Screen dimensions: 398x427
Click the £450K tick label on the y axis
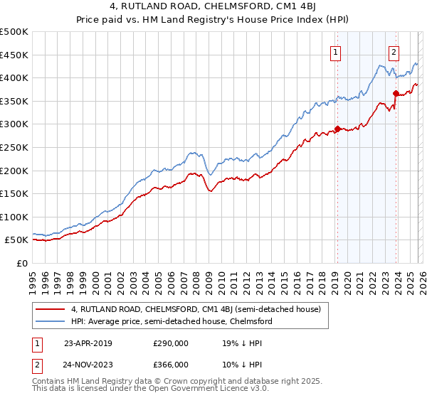[15, 55]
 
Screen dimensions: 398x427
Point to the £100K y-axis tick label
[15, 217]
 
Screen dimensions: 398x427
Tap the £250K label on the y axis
[15, 147]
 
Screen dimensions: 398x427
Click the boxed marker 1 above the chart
[334, 51]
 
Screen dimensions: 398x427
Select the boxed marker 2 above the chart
[394, 51]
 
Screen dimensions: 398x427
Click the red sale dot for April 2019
[337, 129]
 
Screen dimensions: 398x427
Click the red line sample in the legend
[50, 309]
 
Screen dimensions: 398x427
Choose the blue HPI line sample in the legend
[50, 321]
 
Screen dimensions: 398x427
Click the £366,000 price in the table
[172, 364]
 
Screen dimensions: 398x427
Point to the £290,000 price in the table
[172, 343]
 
